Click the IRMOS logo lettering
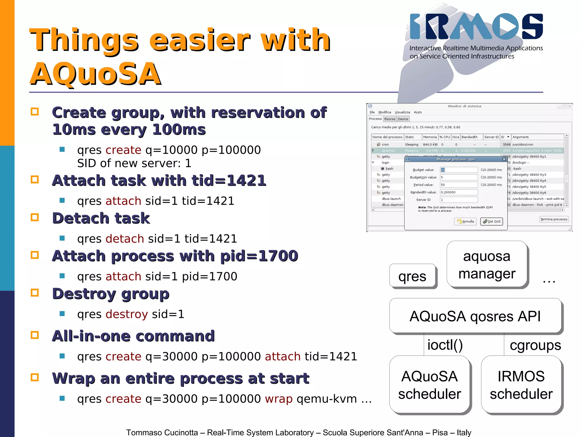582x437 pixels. pos(476,26)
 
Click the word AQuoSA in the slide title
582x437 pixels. pos(96,74)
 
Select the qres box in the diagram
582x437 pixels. pos(412,276)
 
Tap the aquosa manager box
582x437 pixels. pos(487,265)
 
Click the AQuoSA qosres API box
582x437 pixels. pos(475,316)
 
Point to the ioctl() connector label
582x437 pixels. pos(445,345)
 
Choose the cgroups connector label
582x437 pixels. pos(535,345)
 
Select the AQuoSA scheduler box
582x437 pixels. pos(429,385)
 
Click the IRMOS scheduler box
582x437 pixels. pos(521,385)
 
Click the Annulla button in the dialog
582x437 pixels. pos(465,221)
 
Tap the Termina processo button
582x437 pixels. pos(554,219)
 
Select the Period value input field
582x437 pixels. pos(459,185)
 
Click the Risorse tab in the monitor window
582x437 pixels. pos(390,119)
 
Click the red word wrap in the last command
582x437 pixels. pos(278,399)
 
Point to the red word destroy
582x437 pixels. pos(127,314)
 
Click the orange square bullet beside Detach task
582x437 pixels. pos(35,218)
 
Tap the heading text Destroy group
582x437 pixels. pos(111,294)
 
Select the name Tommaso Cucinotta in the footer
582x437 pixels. pos(162,432)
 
